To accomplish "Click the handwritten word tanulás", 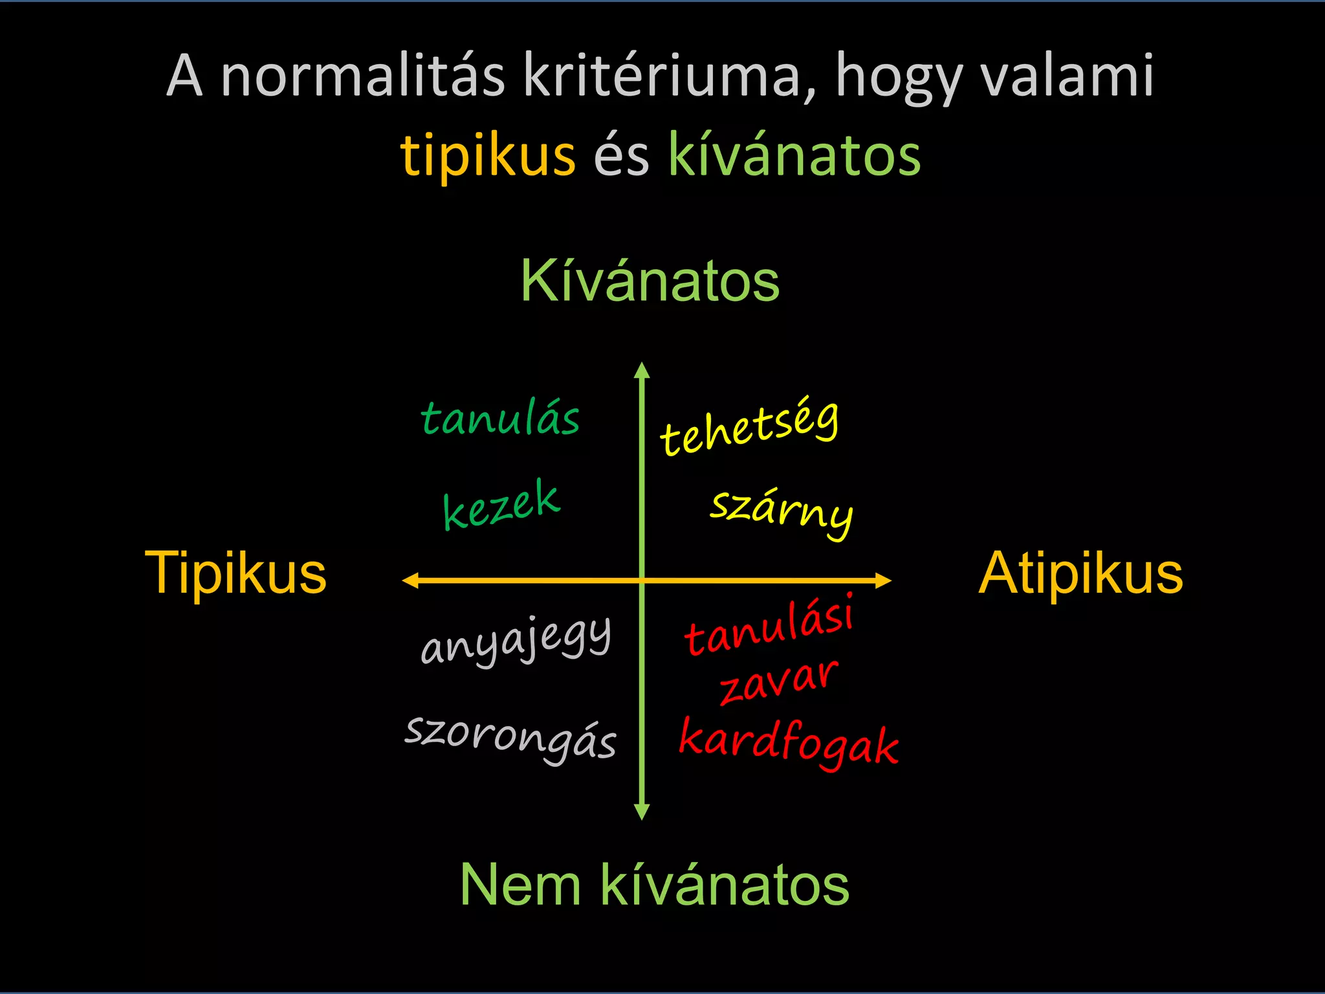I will coord(500,419).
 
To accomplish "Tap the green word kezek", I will coord(501,505).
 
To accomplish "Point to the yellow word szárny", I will coord(782,512).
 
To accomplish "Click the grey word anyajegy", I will coord(516,640).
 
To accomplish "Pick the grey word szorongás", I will coord(510,738).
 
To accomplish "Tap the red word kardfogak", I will coord(789,744).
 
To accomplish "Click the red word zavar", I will coord(779,683).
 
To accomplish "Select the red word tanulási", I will coord(769,625).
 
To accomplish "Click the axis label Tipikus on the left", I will coord(235,573).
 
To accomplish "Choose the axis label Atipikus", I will coord(1080,573).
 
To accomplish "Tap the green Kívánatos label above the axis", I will coord(650,282).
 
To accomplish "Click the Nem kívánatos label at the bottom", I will coord(654,885).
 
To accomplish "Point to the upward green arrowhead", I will coord(642,371).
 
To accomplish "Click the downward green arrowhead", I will coord(642,812).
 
